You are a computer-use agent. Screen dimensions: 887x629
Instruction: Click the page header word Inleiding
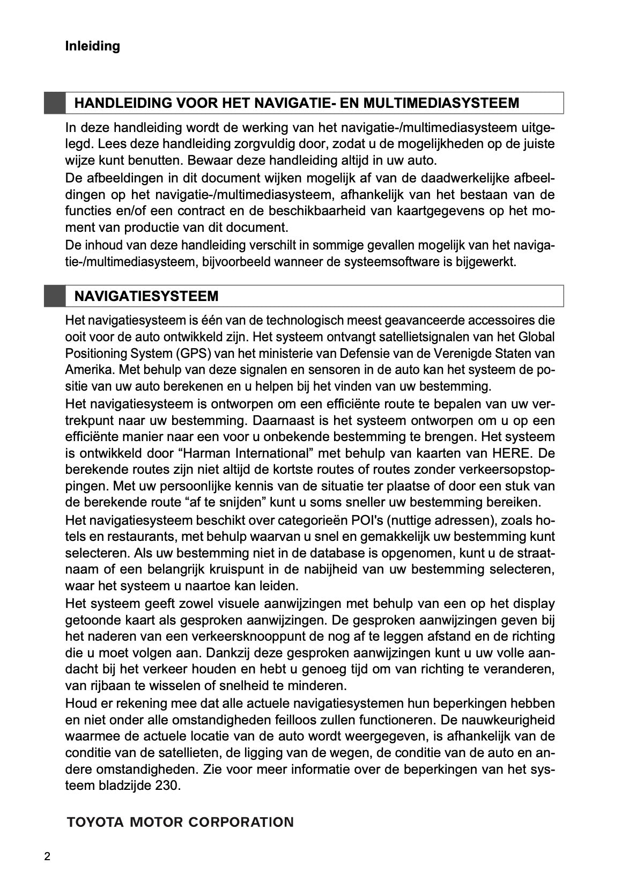pyautogui.click(x=92, y=46)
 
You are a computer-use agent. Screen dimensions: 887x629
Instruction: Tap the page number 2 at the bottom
pyautogui.click(x=47, y=856)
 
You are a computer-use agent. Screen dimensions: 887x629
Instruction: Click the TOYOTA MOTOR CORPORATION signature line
pyautogui.click(x=180, y=822)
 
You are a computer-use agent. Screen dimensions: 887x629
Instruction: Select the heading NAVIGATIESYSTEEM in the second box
pyautogui.click(x=146, y=296)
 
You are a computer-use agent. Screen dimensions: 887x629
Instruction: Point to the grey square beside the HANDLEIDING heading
pyautogui.click(x=54, y=103)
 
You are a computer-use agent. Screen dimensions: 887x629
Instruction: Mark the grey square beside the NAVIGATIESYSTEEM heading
pyautogui.click(x=54, y=296)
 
